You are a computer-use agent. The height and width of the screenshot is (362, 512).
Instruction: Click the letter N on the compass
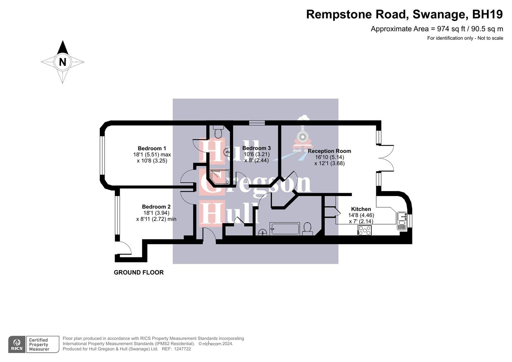click(x=62, y=62)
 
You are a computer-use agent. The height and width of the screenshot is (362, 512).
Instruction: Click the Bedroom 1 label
click(x=152, y=148)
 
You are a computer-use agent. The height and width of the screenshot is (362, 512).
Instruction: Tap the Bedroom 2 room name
click(x=156, y=207)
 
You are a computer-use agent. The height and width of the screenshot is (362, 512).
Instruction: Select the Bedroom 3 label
click(x=257, y=148)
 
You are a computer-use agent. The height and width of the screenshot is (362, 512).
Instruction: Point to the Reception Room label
click(x=329, y=151)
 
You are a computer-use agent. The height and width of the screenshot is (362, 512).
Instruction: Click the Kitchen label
click(x=361, y=209)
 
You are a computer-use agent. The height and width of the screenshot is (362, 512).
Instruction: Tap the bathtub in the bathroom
click(x=285, y=229)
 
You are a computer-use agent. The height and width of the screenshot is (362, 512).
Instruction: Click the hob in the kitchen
click(x=365, y=230)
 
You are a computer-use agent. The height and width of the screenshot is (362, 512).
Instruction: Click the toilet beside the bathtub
click(x=307, y=228)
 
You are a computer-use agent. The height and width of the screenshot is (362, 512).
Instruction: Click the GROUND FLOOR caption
click(x=138, y=273)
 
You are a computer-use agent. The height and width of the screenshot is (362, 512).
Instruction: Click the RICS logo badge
click(x=17, y=344)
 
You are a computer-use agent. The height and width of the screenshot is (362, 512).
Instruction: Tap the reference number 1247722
click(x=181, y=349)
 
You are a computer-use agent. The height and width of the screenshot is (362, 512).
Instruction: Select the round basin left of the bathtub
click(x=263, y=231)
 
